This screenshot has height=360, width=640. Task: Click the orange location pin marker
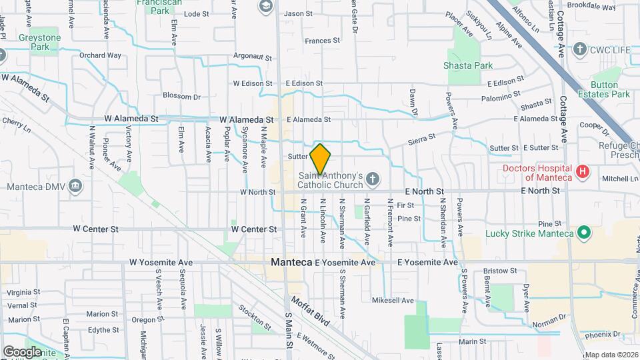coord(320,159)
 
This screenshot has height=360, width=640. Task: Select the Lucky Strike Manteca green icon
coord(584,233)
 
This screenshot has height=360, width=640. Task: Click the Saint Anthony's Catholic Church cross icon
coord(372,179)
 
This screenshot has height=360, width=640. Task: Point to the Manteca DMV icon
coord(75,185)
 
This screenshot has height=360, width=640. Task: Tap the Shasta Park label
coord(468,65)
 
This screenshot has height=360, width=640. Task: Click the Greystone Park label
coord(40,43)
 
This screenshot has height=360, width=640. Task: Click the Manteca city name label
coord(291,263)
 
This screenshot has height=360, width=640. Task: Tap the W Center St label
coord(254,229)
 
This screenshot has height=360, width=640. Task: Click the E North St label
coord(421,191)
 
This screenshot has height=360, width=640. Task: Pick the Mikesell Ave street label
coord(393,300)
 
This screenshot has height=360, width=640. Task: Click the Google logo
coord(22,351)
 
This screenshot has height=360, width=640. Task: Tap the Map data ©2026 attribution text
coord(611,355)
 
